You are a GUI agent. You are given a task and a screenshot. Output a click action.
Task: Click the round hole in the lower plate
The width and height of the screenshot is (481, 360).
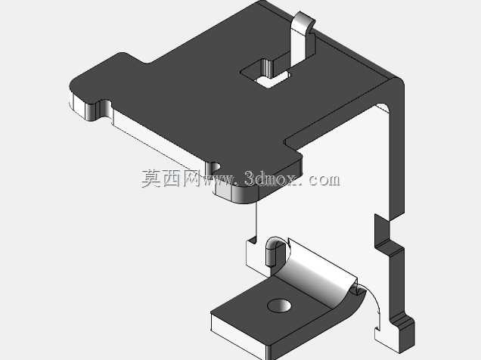point(279,306)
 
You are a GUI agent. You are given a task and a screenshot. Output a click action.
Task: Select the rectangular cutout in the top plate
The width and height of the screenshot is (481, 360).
point(265,73)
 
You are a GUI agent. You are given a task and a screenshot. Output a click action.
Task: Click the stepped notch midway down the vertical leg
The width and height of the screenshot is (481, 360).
point(389,236)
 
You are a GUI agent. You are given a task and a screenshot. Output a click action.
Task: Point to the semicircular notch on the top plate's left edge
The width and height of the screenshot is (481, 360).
point(103,110)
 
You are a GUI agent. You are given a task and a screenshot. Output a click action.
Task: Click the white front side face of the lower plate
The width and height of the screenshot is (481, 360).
point(237,335)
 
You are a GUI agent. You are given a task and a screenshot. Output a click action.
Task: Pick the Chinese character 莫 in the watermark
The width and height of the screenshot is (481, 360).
point(151,178)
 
